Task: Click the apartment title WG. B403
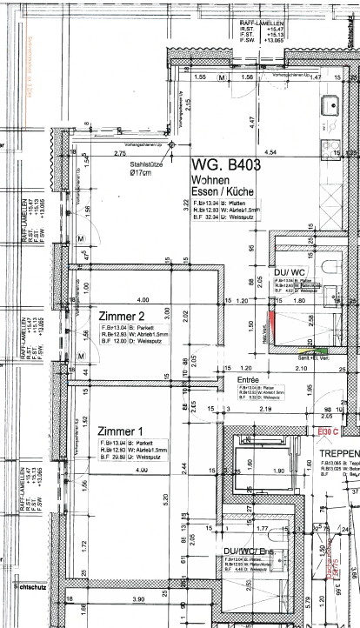(226, 164)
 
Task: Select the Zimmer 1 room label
(120, 431)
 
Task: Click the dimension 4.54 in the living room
(270, 151)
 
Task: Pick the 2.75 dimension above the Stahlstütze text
(120, 152)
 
